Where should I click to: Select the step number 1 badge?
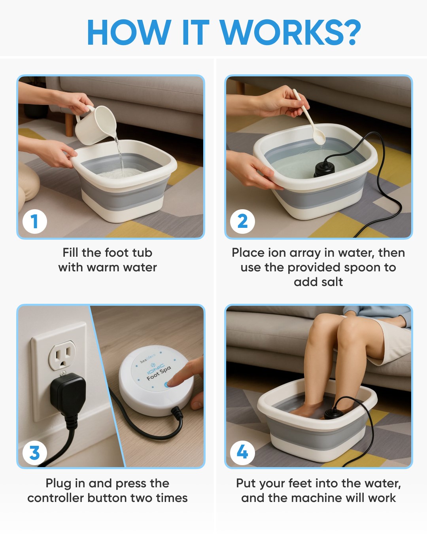(x=34, y=221)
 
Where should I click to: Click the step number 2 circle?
(x=242, y=221)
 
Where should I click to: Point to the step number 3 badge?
(x=34, y=453)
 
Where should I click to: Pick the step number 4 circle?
(x=242, y=453)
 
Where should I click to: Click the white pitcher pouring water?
(x=96, y=125)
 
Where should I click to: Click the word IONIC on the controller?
(x=155, y=369)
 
